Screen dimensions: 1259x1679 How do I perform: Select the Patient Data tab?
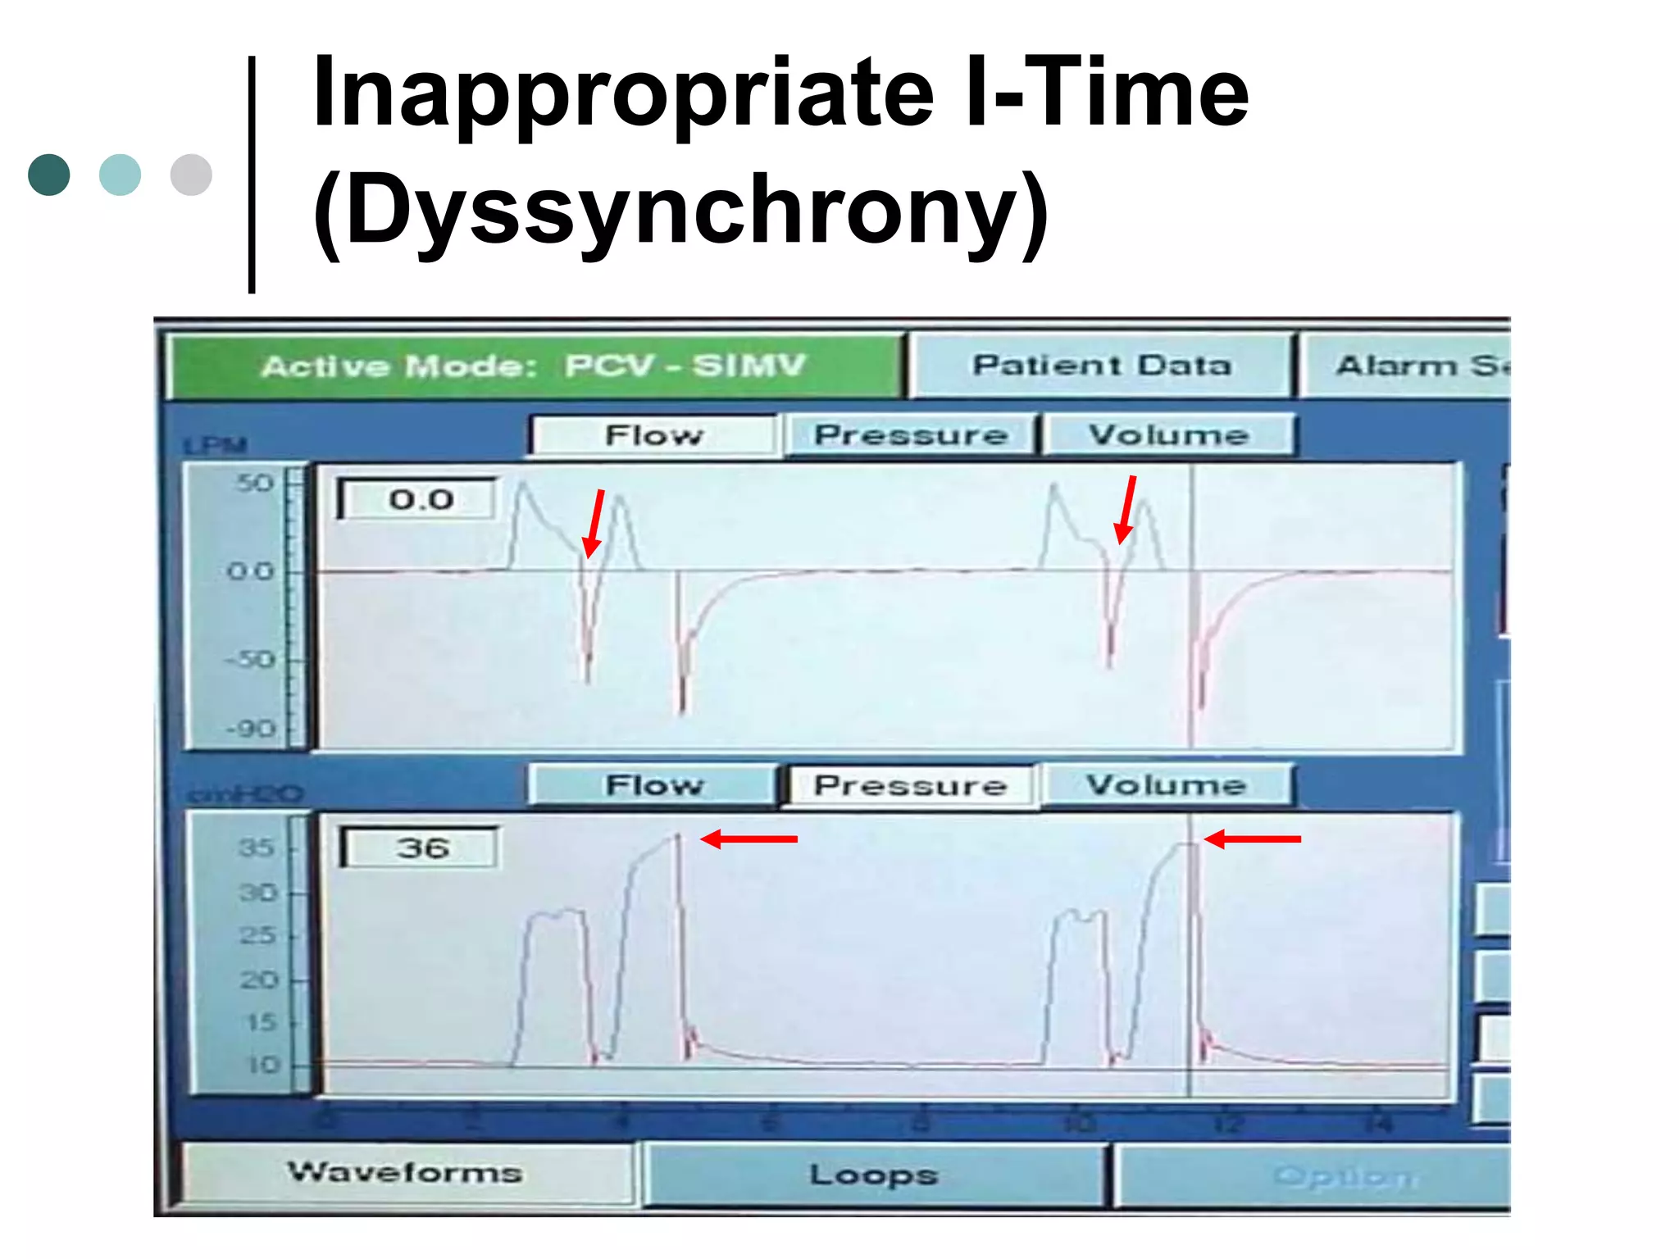(1101, 366)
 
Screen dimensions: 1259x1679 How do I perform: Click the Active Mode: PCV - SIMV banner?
(535, 366)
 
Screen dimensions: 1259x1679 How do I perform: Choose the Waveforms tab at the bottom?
(405, 1173)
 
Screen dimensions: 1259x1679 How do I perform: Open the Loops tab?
(874, 1175)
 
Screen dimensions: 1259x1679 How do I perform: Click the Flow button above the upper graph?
(653, 435)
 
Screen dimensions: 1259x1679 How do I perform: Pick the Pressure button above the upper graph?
(911, 435)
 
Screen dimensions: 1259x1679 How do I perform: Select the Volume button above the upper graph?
(1168, 435)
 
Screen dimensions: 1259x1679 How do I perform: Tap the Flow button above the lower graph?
(653, 785)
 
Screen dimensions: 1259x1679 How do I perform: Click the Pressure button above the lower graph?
(911, 786)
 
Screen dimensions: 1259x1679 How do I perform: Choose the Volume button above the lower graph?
(1167, 785)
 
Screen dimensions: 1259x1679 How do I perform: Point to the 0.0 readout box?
(419, 499)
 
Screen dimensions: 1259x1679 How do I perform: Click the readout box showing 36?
(421, 848)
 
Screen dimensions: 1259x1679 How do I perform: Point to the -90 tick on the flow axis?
(251, 729)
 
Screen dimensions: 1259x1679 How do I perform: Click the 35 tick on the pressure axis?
(257, 848)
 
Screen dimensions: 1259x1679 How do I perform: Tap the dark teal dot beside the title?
(49, 175)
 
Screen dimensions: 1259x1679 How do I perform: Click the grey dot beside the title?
(191, 175)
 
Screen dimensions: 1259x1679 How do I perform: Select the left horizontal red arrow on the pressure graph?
(748, 839)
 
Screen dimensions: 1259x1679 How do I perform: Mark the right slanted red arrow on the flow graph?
(1126, 510)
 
